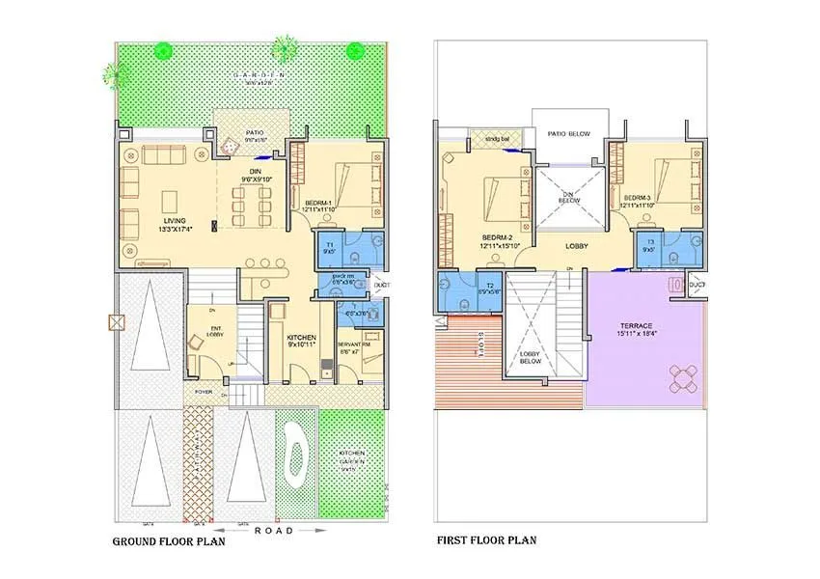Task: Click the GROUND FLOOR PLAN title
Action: click(x=169, y=541)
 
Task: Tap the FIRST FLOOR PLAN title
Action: click(x=487, y=541)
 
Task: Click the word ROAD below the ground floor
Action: click(x=273, y=530)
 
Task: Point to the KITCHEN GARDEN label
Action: click(x=352, y=457)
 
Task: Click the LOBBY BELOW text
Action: click(x=530, y=359)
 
